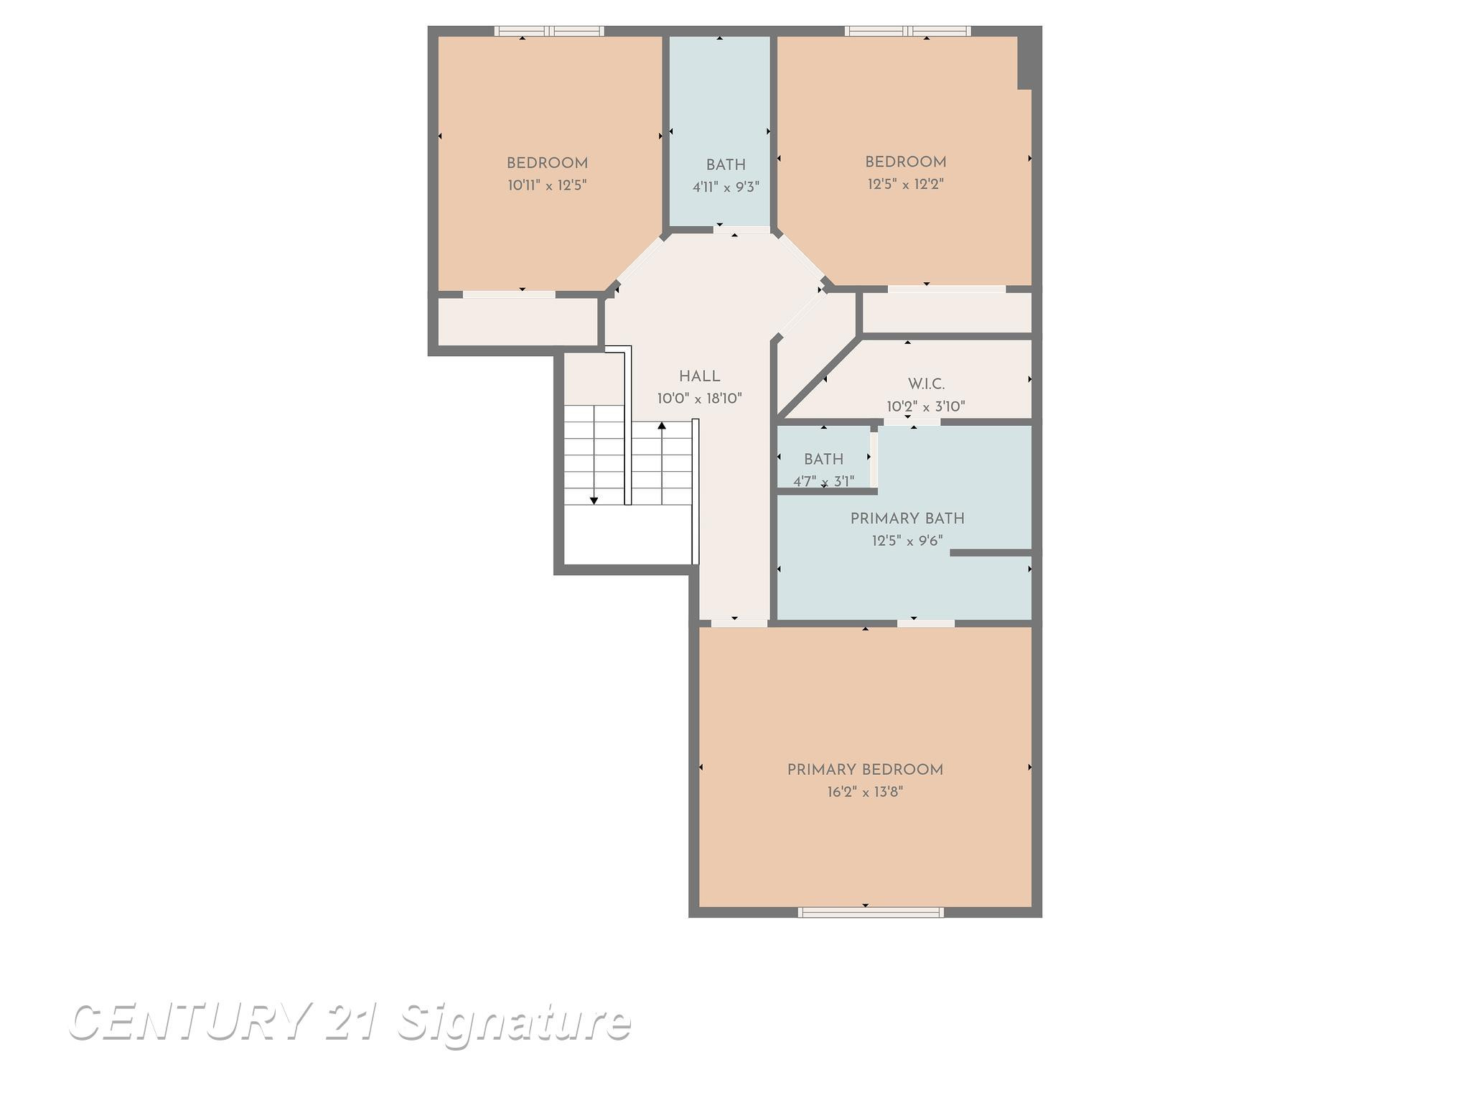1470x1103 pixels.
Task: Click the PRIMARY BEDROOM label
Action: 865,770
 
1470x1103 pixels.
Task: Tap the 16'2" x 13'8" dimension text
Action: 865,792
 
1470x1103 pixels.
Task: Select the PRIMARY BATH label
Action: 907,518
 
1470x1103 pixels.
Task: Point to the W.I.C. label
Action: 926,384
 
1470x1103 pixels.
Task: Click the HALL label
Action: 700,376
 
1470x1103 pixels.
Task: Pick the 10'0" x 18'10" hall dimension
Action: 700,399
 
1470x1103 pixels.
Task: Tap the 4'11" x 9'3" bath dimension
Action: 726,187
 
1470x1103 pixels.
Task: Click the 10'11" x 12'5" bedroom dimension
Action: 548,185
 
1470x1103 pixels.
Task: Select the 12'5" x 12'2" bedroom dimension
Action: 906,184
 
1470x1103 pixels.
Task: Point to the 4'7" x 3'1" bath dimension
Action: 823,481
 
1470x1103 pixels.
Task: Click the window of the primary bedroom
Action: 871,912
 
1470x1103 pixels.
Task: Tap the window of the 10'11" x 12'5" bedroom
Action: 549,31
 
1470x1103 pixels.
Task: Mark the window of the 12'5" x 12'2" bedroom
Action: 908,31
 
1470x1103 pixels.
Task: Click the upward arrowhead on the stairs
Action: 662,426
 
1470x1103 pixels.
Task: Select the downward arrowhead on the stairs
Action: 594,501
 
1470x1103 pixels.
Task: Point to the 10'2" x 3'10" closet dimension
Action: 926,406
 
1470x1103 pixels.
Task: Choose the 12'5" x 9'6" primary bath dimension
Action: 907,541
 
